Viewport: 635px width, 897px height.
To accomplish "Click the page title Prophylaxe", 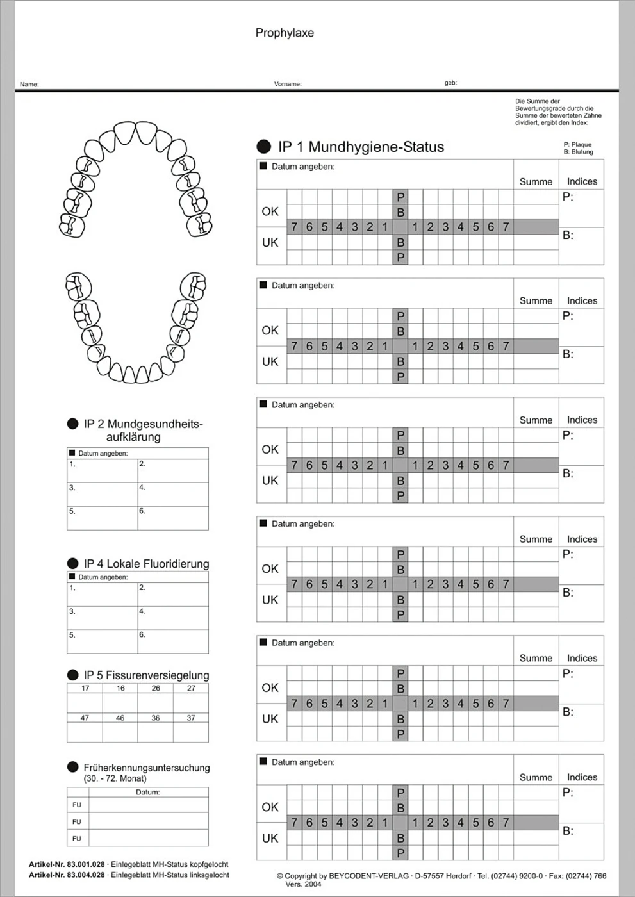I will (x=285, y=33).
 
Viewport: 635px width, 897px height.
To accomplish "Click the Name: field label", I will (x=29, y=84).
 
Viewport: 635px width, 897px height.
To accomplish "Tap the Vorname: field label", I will (x=288, y=84).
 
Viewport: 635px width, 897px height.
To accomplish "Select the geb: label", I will (x=450, y=83).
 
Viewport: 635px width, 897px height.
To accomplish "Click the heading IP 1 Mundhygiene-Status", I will (x=361, y=147).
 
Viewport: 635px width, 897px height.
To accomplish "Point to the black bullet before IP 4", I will (x=72, y=563).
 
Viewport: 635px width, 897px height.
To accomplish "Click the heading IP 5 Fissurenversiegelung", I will (x=146, y=675).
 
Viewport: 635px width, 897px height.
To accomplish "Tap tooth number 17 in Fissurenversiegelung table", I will (x=85, y=688).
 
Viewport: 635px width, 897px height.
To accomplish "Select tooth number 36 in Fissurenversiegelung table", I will (x=156, y=718).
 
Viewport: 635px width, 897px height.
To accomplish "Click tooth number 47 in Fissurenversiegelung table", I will (x=85, y=718).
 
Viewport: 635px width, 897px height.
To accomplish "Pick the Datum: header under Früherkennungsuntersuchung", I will (x=147, y=792).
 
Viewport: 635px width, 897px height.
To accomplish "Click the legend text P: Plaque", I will (x=577, y=145).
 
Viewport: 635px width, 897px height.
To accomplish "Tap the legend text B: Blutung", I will (x=578, y=152).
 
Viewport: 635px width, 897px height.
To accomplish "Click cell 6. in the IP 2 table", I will (x=142, y=511).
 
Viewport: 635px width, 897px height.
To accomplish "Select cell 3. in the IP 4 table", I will (x=72, y=611).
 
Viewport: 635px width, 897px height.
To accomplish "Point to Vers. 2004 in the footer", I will (x=303, y=884).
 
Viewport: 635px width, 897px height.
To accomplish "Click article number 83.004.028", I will (x=86, y=875).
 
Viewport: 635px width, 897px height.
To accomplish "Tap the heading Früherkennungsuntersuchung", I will (x=146, y=768).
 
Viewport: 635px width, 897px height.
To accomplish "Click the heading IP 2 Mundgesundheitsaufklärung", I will (x=142, y=430).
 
